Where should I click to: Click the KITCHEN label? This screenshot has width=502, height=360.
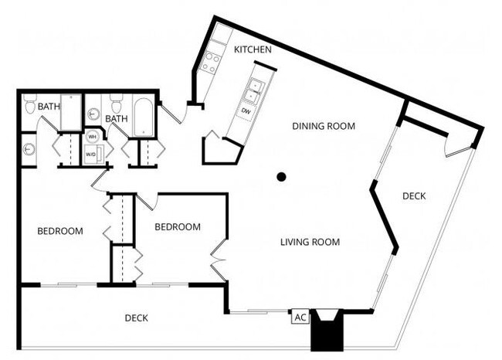[253, 49]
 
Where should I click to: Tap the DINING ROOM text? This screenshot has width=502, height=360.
[323, 126]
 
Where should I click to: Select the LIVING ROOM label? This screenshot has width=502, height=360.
[310, 242]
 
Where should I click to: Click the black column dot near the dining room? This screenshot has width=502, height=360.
[282, 177]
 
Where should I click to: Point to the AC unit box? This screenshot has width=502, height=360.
[299, 317]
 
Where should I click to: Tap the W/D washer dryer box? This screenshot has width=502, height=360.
[91, 154]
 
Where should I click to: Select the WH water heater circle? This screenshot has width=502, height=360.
[92, 137]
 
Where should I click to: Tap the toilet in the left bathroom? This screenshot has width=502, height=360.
[30, 107]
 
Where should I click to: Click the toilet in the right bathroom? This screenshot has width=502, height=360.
[117, 105]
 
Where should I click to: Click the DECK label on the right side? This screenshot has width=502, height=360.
[414, 196]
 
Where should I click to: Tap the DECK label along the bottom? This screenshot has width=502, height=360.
[136, 318]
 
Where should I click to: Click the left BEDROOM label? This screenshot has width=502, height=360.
[60, 231]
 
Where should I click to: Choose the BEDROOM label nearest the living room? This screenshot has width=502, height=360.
[178, 227]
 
